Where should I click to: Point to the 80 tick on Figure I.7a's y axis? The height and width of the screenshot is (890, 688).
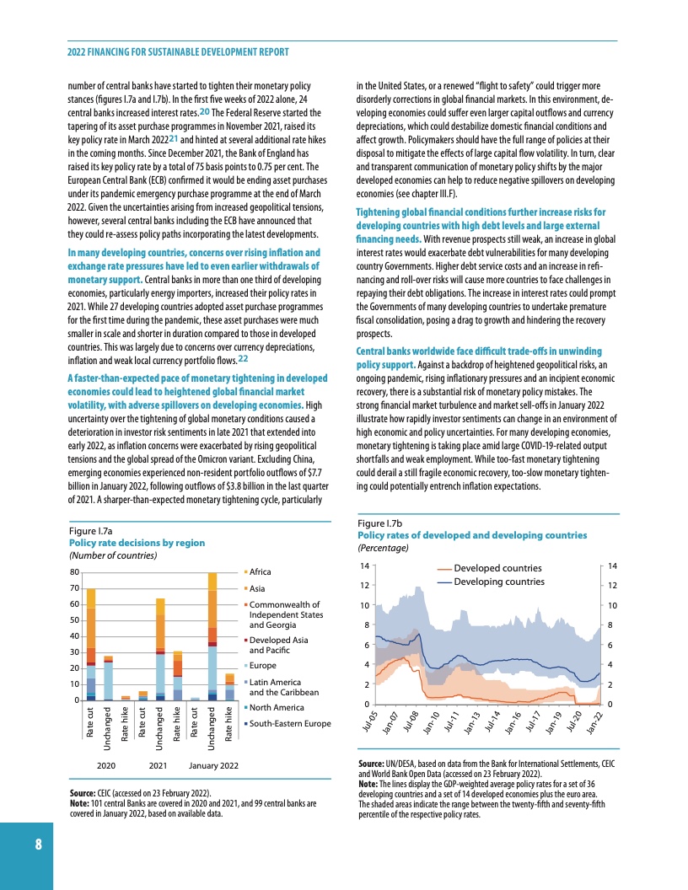coord(74,573)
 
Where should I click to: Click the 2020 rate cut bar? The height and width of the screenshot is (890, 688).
coord(90,644)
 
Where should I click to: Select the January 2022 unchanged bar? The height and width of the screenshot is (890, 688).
coord(212,636)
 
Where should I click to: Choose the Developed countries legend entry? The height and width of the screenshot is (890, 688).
coord(497,569)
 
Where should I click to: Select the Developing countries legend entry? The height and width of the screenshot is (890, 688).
coord(499,582)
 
